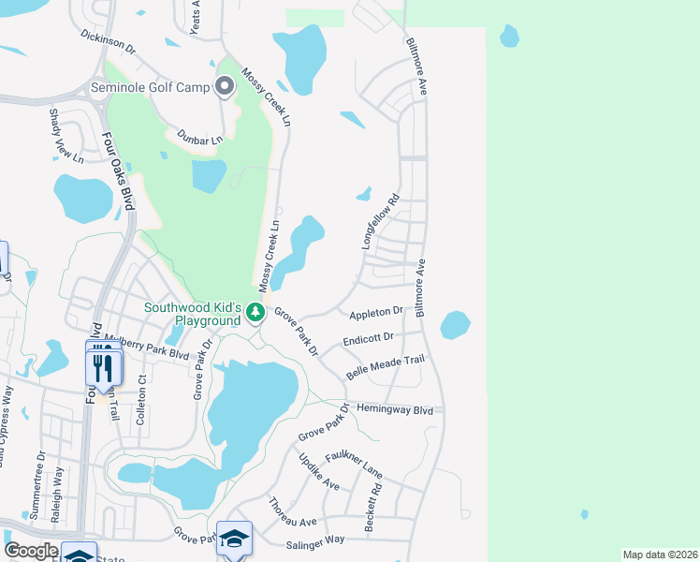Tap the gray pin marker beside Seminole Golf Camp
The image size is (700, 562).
tap(225, 87)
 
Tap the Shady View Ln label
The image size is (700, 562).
tap(54, 137)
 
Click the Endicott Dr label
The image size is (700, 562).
tap(369, 339)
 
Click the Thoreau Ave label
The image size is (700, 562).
tap(295, 512)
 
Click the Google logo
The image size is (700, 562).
tap(32, 551)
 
